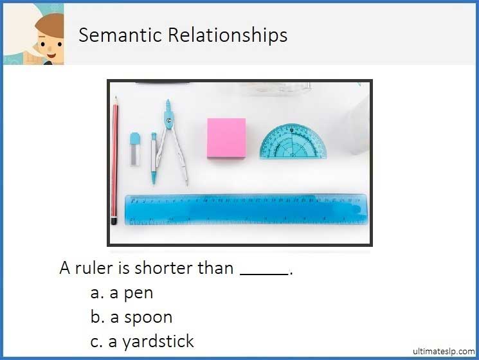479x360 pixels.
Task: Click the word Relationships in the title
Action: tap(227, 35)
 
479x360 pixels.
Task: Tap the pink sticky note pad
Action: tap(226, 138)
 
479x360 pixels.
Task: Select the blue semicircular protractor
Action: tap(293, 143)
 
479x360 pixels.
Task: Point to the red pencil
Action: tap(115, 161)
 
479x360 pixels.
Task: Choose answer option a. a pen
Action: tap(122, 293)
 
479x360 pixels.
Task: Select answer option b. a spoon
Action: tap(132, 317)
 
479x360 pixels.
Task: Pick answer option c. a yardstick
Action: tap(142, 341)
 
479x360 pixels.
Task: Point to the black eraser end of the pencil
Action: tap(114, 221)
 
